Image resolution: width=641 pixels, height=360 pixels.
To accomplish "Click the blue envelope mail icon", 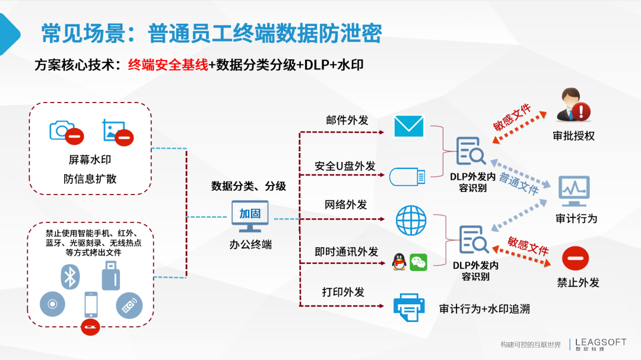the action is tap(408, 126).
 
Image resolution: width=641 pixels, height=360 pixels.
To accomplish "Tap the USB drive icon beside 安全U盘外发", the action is tap(407, 177).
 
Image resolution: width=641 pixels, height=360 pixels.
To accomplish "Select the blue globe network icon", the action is tap(411, 220).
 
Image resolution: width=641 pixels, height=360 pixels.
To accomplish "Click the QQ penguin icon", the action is tap(399, 262).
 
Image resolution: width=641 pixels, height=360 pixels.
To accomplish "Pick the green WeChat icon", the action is tap(418, 262).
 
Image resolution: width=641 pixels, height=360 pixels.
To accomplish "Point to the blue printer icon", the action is tap(409, 307).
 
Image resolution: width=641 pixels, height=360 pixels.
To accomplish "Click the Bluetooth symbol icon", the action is tap(70, 276).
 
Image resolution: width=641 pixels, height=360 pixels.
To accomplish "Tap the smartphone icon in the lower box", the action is tap(91, 304).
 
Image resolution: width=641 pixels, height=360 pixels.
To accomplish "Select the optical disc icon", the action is tap(52, 304).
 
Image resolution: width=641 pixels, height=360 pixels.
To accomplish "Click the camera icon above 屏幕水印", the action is tap(62, 130).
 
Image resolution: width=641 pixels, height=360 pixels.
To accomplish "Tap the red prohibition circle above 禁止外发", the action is tap(575, 258).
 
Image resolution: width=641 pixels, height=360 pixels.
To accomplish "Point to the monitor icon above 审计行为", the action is tap(574, 191).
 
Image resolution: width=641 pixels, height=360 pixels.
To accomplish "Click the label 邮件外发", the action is tap(347, 120).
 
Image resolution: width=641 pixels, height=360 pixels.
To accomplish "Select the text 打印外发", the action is tap(343, 292).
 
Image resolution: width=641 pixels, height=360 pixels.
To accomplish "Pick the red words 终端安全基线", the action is tap(168, 65).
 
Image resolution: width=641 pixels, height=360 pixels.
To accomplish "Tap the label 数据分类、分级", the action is tap(249, 186).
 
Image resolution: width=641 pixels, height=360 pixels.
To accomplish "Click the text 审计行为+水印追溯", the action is tap(484, 309).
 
